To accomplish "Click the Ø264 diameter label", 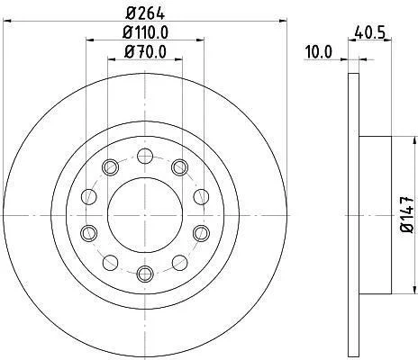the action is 145,13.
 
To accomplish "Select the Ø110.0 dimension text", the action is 145,32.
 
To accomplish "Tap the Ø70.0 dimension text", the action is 145,52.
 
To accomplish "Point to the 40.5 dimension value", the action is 369,32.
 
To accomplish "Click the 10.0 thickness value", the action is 318,51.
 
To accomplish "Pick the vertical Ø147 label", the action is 408,215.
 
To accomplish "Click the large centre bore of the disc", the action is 145,215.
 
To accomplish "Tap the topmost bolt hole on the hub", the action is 145,156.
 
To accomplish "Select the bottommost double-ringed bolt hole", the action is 145,274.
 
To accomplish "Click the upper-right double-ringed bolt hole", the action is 180,167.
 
